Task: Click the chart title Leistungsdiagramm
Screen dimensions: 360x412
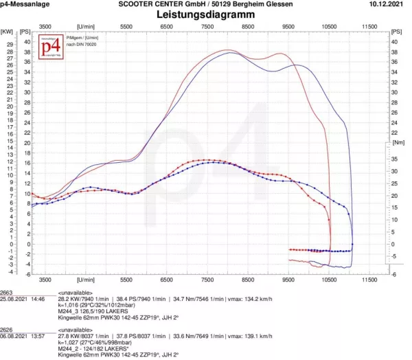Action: pyautogui.click(x=205, y=14)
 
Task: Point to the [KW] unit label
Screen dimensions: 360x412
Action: pyautogui.click(x=7, y=32)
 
